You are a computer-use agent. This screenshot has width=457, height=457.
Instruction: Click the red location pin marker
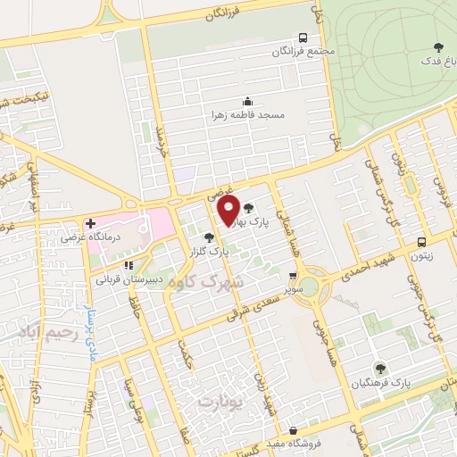coord(229,210)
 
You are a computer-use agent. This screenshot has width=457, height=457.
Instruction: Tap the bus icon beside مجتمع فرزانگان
coord(303,37)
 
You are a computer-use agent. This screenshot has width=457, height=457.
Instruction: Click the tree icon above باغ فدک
coord(437,46)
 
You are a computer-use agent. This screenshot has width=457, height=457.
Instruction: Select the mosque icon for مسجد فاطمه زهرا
coord(246,102)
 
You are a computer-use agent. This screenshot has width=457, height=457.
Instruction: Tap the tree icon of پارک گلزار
coord(209,237)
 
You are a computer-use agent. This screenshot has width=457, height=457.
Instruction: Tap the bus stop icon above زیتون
coord(421,241)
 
